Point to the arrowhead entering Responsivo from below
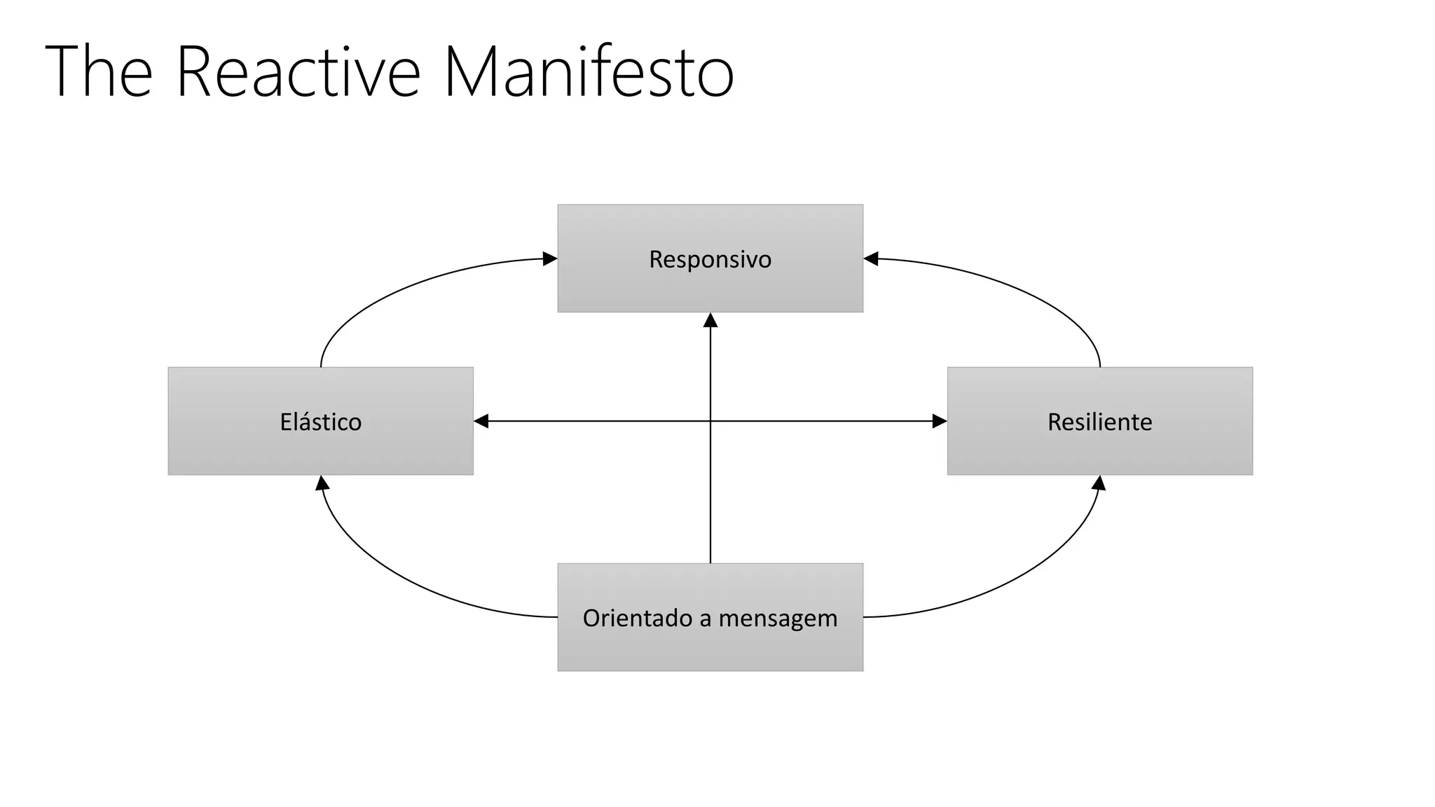coord(710,320)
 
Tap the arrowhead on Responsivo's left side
coord(550,258)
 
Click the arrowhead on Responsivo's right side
coord(871,258)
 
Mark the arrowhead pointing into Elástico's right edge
coord(481,421)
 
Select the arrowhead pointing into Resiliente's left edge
coord(940,421)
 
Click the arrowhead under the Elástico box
coord(322,483)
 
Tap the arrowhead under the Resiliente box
coord(1099,483)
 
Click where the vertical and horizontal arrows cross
coord(710,421)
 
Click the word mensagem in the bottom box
coord(778,619)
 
